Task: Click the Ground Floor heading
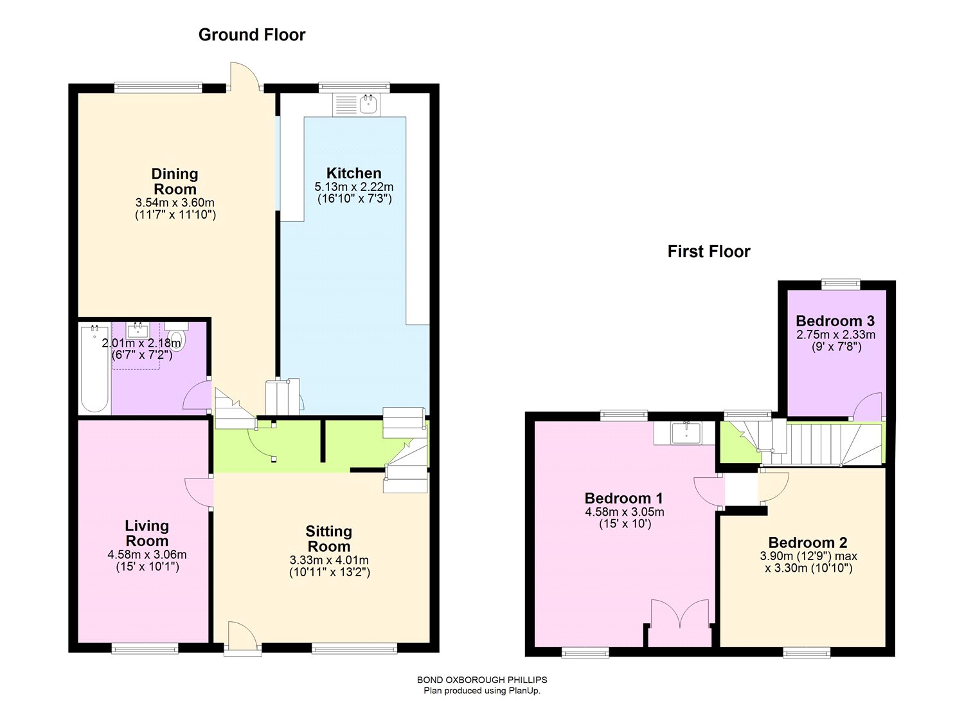(252, 35)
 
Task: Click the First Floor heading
(709, 251)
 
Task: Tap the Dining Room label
(175, 181)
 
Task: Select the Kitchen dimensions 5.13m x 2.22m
(354, 187)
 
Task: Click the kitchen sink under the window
(368, 105)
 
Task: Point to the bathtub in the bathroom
(94, 369)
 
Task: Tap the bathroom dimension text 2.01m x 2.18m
(141, 343)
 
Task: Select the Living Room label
(147, 533)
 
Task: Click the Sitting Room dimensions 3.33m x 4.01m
(329, 560)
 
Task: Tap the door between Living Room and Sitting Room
(199, 492)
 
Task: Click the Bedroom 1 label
(623, 498)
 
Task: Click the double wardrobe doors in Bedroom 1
(680, 623)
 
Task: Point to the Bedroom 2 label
(808, 543)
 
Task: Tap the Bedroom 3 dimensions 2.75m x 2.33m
(835, 335)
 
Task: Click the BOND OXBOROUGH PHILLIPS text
(482, 680)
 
